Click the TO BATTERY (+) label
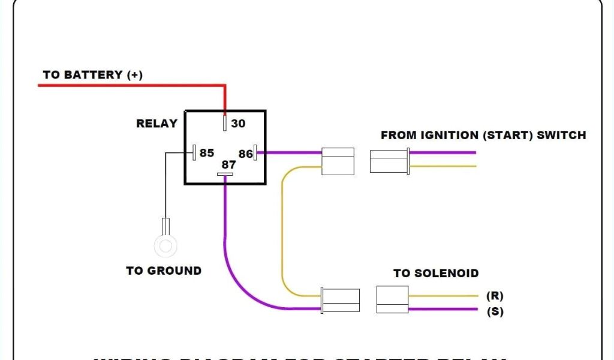coord(92,75)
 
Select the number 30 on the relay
coord(238,124)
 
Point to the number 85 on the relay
coord(207,153)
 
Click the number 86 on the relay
coord(245,154)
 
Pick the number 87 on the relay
coord(228,164)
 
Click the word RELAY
coord(156,124)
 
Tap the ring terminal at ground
coord(166,245)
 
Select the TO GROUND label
coord(164,271)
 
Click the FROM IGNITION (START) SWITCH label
coord(483,135)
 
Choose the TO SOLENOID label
coord(436,274)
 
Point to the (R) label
coord(495,296)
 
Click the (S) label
coord(495,312)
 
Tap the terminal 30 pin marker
coord(225,123)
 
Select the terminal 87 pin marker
coord(225,175)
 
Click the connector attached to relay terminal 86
coord(338,161)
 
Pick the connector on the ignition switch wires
coord(389,161)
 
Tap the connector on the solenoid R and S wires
coord(392,299)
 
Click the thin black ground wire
coord(165,186)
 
